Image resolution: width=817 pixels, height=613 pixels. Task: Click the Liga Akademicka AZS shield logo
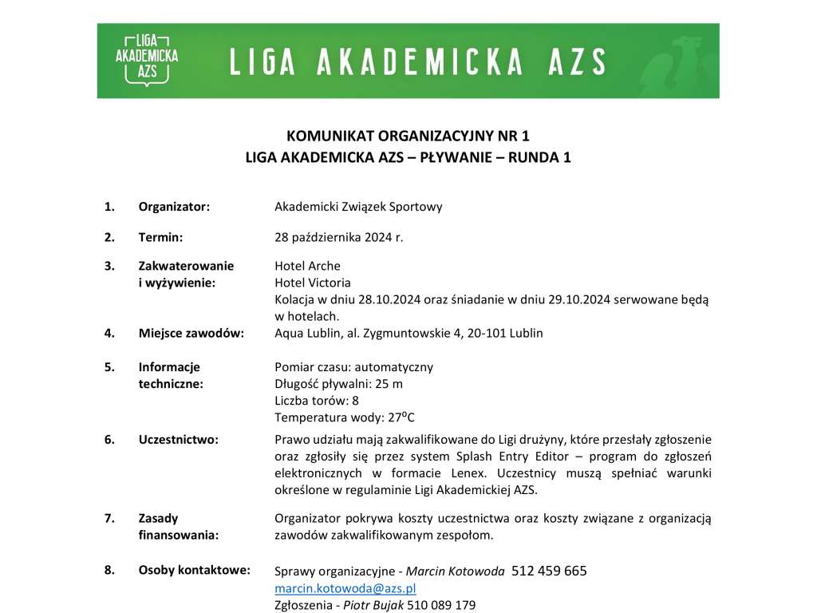[x=147, y=59]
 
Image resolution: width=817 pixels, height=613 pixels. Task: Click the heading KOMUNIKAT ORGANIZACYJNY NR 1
[x=408, y=136]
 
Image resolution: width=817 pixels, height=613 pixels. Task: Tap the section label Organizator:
[x=174, y=207]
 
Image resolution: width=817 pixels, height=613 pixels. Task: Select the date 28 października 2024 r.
[x=339, y=237]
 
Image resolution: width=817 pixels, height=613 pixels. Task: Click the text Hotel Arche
[x=307, y=266]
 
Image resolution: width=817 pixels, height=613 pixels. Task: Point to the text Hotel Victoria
[x=313, y=283]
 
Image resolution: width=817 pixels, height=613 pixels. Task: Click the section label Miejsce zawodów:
[x=191, y=333]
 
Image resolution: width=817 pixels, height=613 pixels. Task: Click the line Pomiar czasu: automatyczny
[x=353, y=367]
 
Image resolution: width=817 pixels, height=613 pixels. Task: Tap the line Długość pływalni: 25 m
[x=338, y=384]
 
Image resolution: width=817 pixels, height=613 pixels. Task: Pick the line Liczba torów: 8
[x=316, y=401]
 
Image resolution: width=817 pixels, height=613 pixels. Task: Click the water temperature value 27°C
[x=401, y=417]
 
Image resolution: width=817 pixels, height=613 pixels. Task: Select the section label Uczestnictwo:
[x=178, y=439]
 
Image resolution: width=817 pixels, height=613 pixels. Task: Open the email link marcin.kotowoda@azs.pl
[x=345, y=588]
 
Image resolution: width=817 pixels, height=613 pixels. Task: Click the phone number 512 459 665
[x=549, y=571]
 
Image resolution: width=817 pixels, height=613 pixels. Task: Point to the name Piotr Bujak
[x=373, y=605]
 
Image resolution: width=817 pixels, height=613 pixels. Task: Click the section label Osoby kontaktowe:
[x=194, y=570]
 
